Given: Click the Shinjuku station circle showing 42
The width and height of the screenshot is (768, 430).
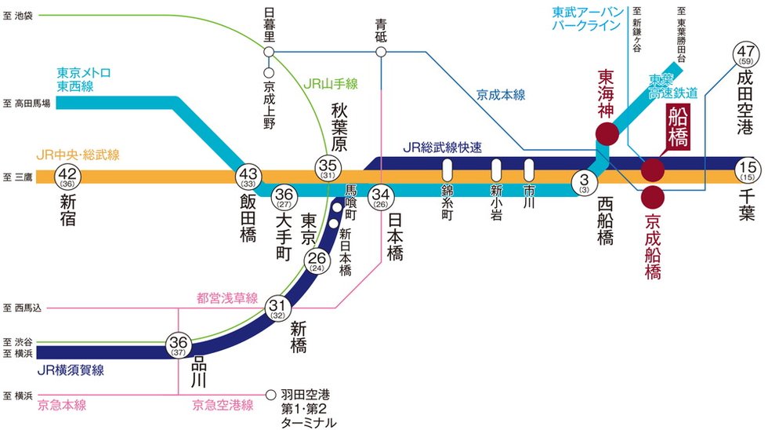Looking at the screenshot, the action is click(x=67, y=177).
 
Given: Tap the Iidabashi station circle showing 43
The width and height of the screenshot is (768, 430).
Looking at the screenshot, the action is click(x=248, y=177).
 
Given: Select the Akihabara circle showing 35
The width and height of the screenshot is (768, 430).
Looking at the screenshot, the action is click(x=328, y=168).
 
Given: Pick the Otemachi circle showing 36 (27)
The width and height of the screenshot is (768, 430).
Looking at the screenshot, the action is click(x=284, y=198).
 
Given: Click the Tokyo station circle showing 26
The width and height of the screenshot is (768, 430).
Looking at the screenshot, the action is click(x=317, y=261).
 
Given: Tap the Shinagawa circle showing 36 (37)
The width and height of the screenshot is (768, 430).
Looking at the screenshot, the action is click(x=179, y=344).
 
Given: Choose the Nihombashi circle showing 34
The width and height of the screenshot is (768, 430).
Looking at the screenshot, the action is click(x=381, y=198).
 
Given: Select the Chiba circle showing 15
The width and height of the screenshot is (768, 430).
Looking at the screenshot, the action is click(x=748, y=170).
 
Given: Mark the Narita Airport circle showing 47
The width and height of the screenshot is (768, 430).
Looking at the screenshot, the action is click(x=745, y=54).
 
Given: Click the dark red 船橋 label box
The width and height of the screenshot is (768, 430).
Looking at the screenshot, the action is click(x=678, y=126).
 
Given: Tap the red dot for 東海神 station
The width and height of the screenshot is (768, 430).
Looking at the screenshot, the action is click(x=607, y=133).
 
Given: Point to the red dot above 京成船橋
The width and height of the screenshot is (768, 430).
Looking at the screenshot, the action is click(x=653, y=198).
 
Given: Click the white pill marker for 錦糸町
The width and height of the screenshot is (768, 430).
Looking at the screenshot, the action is click(x=447, y=170).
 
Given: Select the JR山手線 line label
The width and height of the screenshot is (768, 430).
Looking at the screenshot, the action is click(x=331, y=84).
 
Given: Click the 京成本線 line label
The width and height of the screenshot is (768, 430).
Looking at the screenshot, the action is click(x=501, y=95).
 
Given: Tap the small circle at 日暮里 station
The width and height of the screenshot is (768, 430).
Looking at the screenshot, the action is click(x=269, y=52).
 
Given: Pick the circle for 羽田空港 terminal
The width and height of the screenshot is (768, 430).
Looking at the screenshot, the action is click(x=270, y=395).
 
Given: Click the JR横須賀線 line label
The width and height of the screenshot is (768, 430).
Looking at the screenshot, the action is click(x=71, y=370).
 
